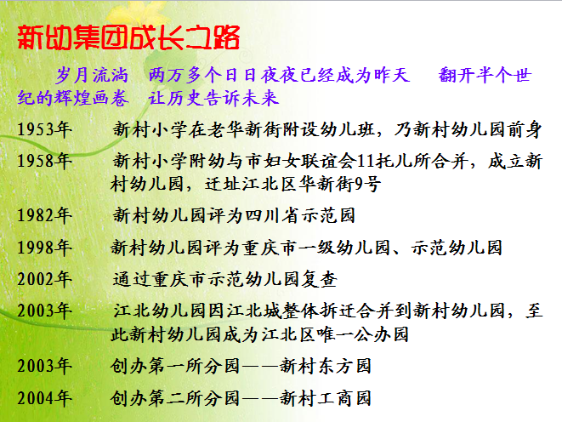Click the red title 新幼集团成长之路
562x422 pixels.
128,37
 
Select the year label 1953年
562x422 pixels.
44,129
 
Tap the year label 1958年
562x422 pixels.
44,161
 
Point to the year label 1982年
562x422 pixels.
44,215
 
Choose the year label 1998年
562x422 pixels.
44,248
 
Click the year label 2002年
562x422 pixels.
44,279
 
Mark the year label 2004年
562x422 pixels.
44,398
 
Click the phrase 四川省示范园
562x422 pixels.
300,215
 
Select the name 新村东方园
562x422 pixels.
325,366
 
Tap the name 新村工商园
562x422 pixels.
325,398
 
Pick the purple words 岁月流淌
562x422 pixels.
92,75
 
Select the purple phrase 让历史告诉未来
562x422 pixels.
213,98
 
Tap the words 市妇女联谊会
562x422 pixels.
301,161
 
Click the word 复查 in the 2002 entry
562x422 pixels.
319,279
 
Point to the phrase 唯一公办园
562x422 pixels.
363,334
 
